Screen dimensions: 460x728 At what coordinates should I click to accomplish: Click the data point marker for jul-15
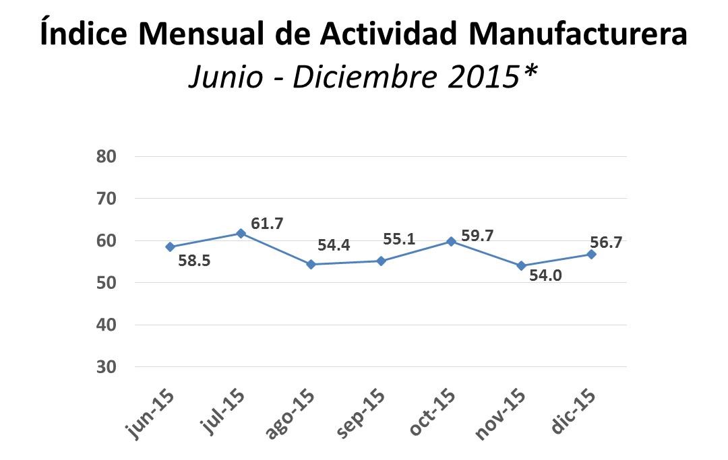tap(241, 233)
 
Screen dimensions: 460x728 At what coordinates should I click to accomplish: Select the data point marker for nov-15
tap(521, 266)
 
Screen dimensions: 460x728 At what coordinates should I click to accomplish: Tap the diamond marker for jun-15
tap(170, 247)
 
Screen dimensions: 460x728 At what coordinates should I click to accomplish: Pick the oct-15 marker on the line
tap(451, 241)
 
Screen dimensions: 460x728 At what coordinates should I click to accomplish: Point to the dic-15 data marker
tap(591, 255)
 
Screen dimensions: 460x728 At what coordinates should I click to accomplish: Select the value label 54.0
tap(545, 275)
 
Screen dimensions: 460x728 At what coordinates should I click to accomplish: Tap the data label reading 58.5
tap(195, 260)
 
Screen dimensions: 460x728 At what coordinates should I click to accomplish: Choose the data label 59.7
tap(477, 236)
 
